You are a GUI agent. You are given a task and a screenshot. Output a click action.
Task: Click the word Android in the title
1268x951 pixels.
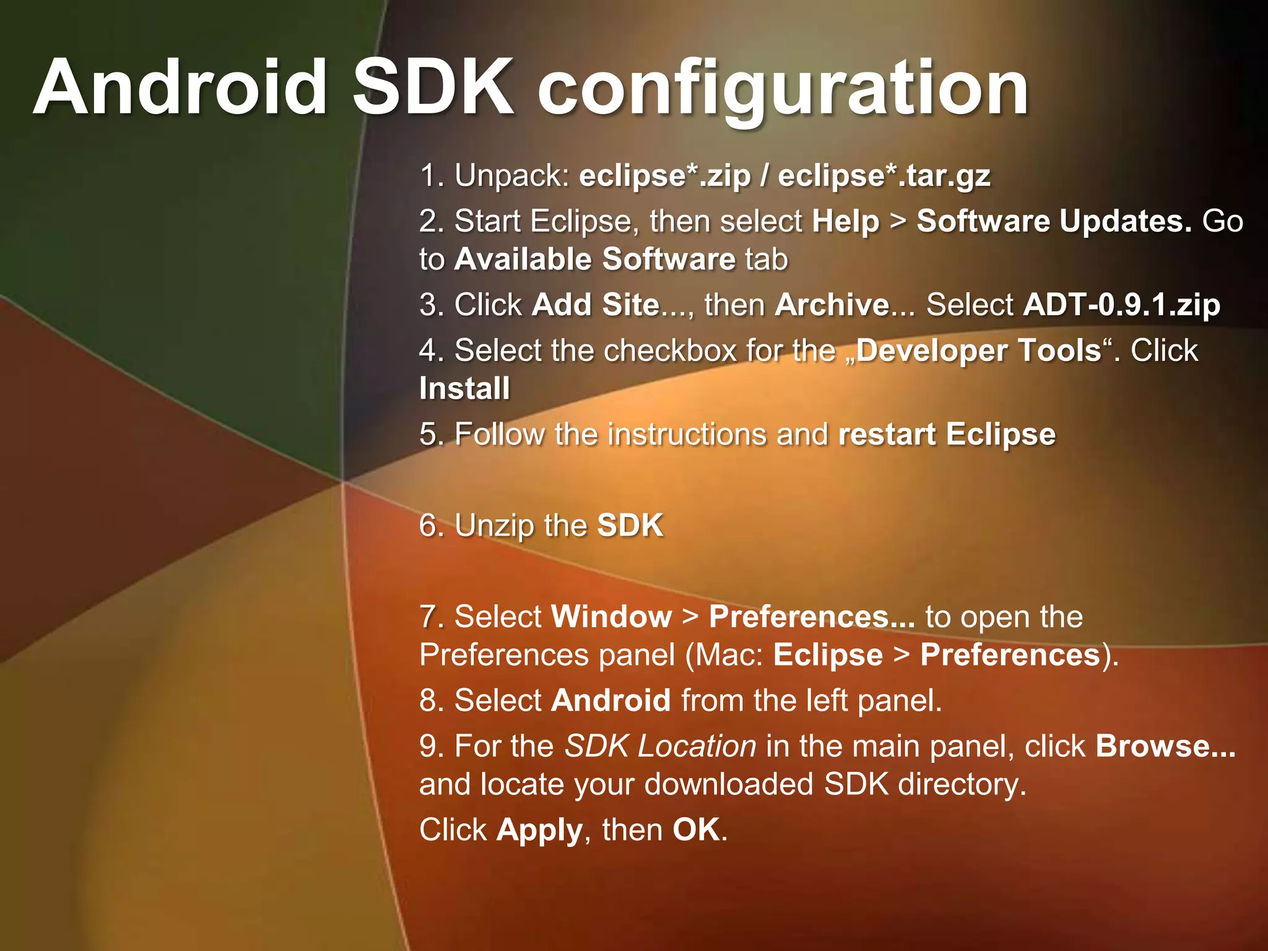180,87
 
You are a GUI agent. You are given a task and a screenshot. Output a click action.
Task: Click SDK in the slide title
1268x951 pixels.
433,87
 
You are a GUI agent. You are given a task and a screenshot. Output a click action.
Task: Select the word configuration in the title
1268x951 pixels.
783,90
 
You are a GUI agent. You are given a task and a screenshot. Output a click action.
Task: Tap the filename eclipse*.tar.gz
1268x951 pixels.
884,176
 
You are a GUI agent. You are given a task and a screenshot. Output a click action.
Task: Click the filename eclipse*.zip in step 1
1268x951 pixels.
664,176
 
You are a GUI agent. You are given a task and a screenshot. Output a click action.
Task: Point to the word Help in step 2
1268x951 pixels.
845,222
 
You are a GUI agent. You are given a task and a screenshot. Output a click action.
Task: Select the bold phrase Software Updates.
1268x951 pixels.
1054,221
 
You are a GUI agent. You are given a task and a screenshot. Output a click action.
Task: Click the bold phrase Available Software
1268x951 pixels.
594,259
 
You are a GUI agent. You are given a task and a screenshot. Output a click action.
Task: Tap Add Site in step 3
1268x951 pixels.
596,305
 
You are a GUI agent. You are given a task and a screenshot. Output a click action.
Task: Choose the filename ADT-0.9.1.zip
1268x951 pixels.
1121,305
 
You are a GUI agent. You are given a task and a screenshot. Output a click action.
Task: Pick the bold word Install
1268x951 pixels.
464,389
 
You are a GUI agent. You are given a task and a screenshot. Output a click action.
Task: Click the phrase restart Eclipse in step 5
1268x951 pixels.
947,434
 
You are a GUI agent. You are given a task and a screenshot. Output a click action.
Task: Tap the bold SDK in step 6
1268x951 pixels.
630,525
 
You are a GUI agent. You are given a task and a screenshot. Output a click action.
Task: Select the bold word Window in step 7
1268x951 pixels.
611,617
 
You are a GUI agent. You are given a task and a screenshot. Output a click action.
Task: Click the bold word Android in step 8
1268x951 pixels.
610,700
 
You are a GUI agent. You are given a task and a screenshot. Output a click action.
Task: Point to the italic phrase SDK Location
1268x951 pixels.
660,746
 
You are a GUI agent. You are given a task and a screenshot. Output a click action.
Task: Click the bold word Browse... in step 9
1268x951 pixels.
1165,746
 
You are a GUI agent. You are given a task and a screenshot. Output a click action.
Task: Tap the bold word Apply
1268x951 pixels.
539,830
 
